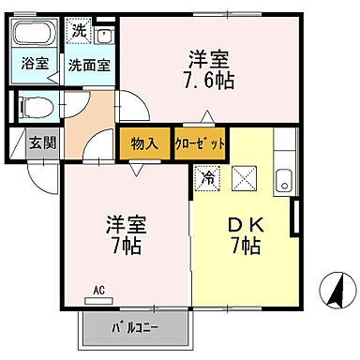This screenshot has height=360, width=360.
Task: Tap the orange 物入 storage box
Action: pyautogui.click(x=144, y=143)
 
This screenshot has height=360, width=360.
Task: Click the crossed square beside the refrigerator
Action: pyautogui.click(x=241, y=175)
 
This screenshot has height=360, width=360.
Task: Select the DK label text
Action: pyautogui.click(x=245, y=226)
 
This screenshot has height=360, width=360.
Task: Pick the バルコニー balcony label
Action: pyautogui.click(x=135, y=329)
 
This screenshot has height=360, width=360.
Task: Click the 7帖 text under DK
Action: pyautogui.click(x=245, y=248)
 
